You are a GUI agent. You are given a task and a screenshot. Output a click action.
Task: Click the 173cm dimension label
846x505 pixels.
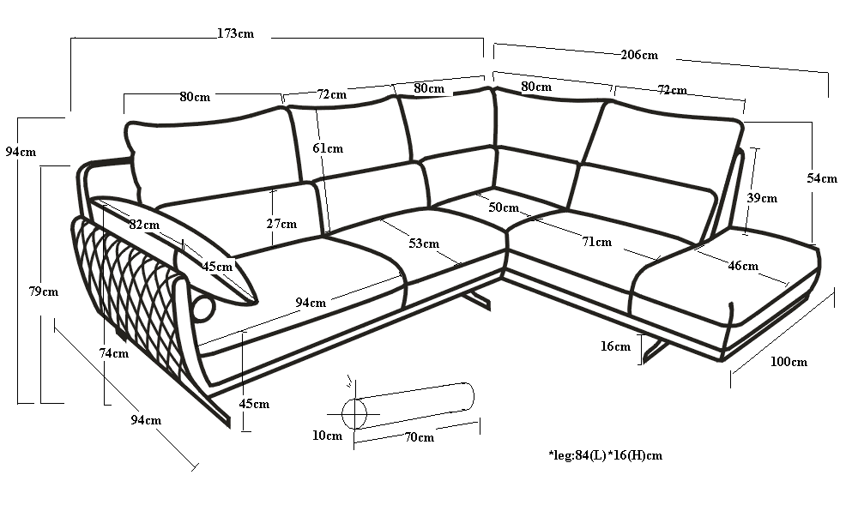235,34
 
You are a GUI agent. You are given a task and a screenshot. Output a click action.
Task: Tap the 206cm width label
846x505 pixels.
638,55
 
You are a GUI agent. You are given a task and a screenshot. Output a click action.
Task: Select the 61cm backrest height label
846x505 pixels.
328,148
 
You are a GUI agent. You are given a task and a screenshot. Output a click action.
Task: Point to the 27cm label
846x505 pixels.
281,224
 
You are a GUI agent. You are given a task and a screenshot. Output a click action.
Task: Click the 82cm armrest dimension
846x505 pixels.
144,225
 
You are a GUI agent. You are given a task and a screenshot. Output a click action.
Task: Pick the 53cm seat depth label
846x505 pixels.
423,244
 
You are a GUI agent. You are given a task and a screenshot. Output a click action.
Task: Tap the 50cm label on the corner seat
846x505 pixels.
504,207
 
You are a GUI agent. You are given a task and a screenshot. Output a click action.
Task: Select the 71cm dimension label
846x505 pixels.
596,242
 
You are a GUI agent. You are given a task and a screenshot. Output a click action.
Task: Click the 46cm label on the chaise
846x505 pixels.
742,266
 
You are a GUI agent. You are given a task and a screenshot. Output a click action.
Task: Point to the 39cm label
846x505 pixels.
761,198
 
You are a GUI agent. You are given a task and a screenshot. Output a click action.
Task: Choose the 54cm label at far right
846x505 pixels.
821,178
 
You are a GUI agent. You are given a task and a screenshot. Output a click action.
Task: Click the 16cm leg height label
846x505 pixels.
615,346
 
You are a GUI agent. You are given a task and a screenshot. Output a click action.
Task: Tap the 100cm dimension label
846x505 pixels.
788,362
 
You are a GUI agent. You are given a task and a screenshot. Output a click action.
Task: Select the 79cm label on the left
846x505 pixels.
43,292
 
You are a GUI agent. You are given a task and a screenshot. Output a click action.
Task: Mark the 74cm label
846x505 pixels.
113,353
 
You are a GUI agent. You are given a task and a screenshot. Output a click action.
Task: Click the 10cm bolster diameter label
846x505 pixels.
327,436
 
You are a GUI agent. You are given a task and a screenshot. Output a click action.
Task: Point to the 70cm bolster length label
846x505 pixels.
419,437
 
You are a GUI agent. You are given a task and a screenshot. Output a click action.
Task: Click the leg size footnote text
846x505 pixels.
605,455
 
